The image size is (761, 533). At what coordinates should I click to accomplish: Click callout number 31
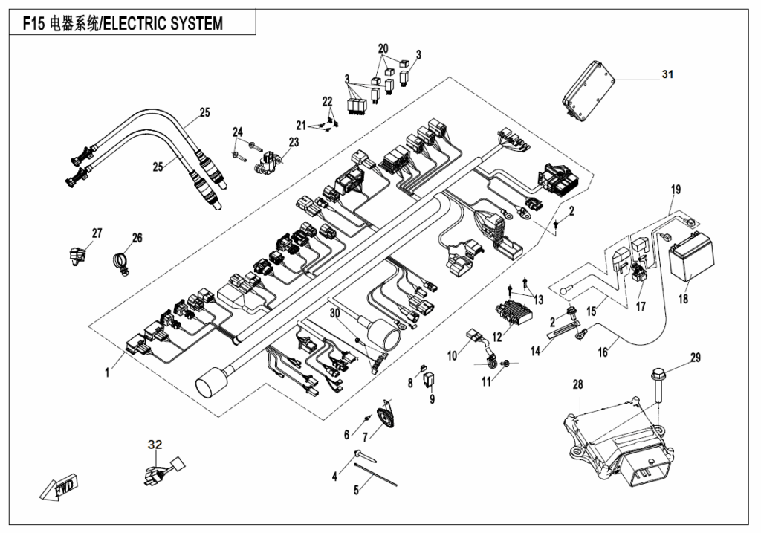tap(667, 74)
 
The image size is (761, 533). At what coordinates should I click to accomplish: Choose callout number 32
tap(155, 445)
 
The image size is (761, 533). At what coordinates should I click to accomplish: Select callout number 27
tap(97, 233)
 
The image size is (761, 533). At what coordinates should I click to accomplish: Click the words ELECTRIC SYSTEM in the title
tap(161, 24)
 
